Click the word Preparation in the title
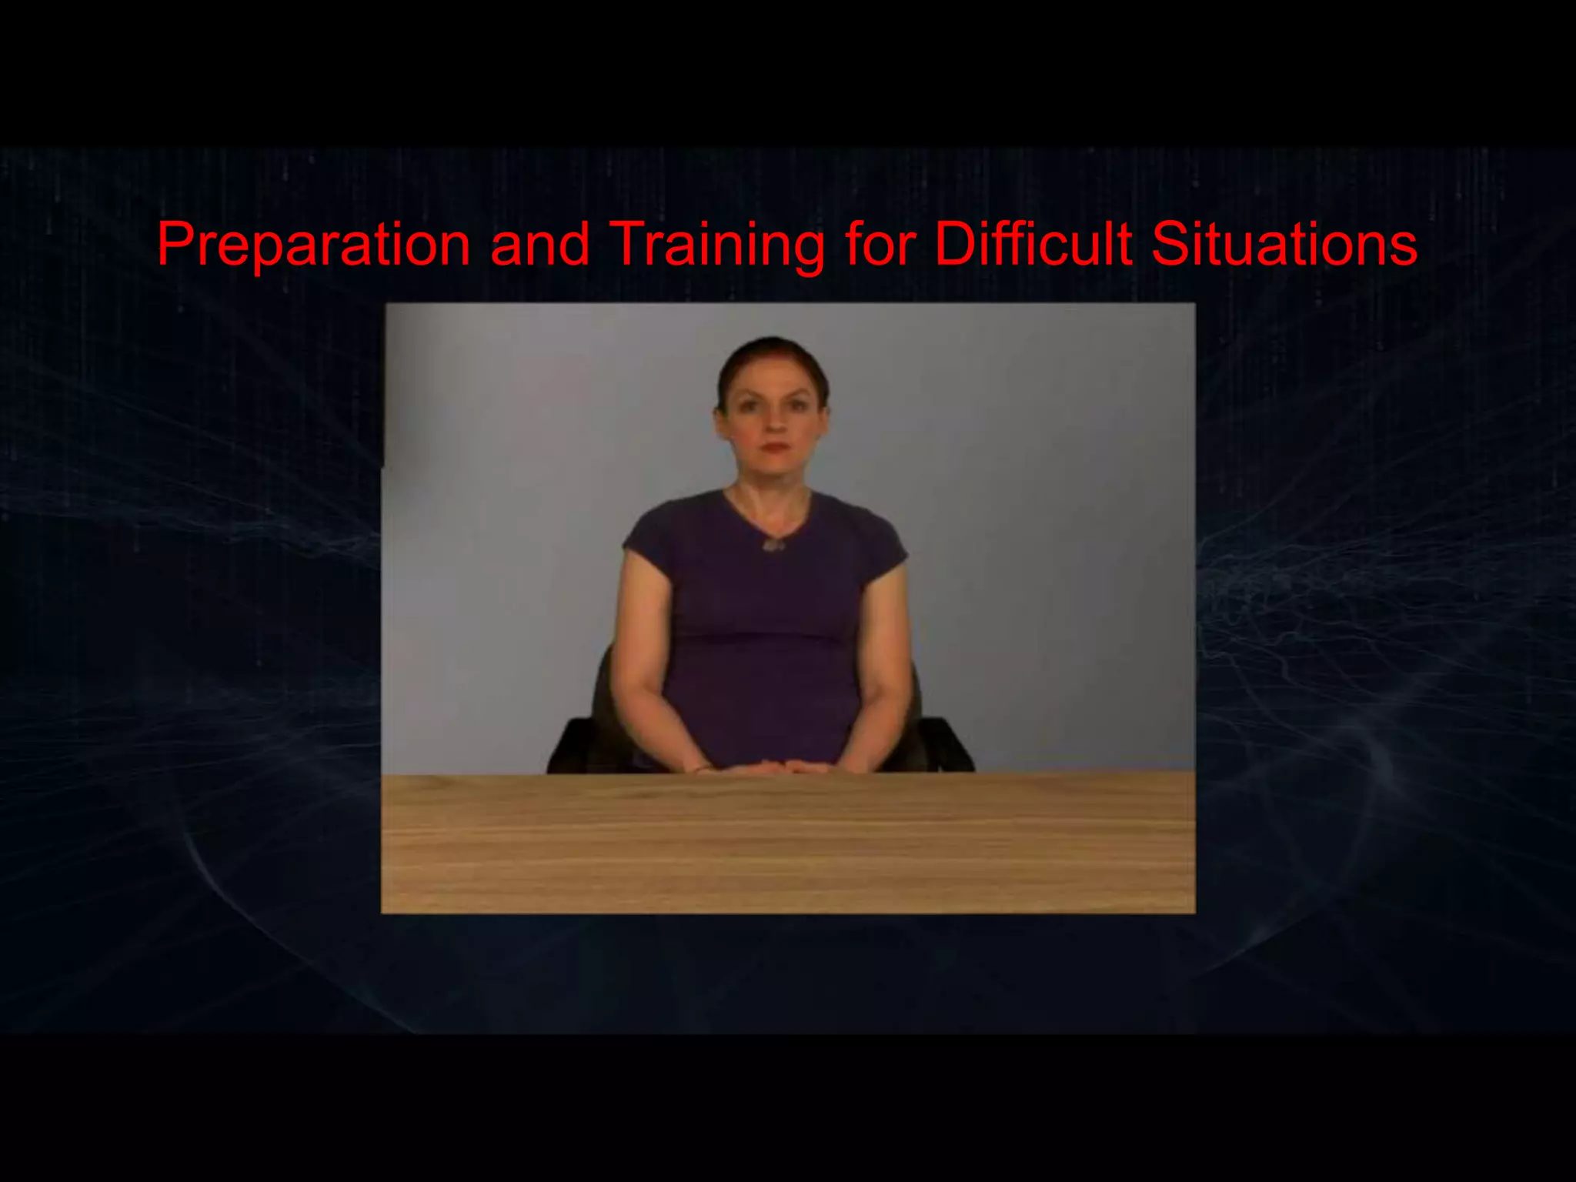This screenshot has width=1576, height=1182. pos(313,245)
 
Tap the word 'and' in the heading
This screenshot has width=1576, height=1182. pos(539,245)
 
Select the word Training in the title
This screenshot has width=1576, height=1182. pos(717,245)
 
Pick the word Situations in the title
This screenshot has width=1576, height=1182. pos(1284,245)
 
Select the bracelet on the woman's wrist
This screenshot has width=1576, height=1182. pos(703,767)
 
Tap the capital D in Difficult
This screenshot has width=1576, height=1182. pos(955,245)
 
